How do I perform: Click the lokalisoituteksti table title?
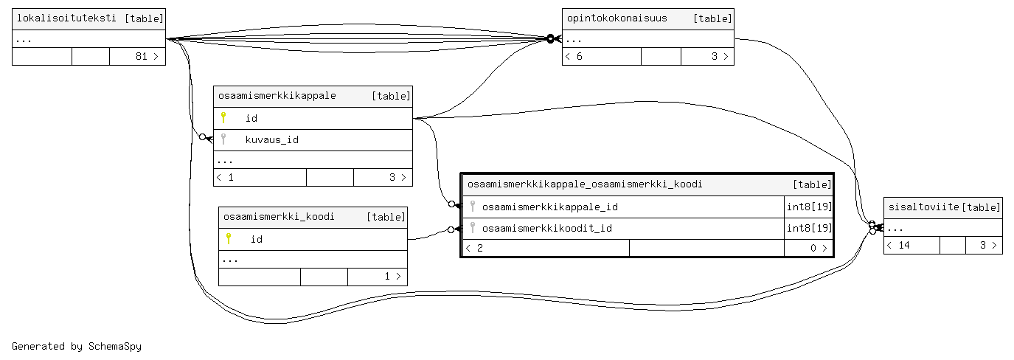click(x=66, y=18)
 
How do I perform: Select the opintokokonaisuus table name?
click(x=617, y=18)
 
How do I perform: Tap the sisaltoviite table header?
click(x=922, y=207)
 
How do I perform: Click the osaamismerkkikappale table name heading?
click(x=277, y=96)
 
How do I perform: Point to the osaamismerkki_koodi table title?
click(x=279, y=217)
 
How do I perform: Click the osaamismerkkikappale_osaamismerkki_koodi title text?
click(x=585, y=184)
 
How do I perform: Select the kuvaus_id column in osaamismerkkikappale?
click(x=271, y=139)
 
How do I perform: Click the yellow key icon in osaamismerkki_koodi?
click(x=229, y=238)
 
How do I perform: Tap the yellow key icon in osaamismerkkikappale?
click(x=223, y=117)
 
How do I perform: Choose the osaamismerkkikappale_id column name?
click(x=549, y=207)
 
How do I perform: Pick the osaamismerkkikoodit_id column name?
click(x=546, y=229)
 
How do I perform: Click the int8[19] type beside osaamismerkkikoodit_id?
click(x=809, y=229)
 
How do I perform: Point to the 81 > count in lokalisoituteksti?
click(x=147, y=57)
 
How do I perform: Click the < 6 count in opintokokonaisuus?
click(x=574, y=57)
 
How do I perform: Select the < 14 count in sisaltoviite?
click(x=899, y=246)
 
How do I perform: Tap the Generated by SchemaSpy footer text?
click(x=77, y=346)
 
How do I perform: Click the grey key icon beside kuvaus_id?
click(x=223, y=139)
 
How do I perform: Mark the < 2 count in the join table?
click(x=476, y=249)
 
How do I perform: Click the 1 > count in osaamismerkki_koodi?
click(x=391, y=277)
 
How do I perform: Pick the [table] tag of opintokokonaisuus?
click(x=712, y=18)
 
